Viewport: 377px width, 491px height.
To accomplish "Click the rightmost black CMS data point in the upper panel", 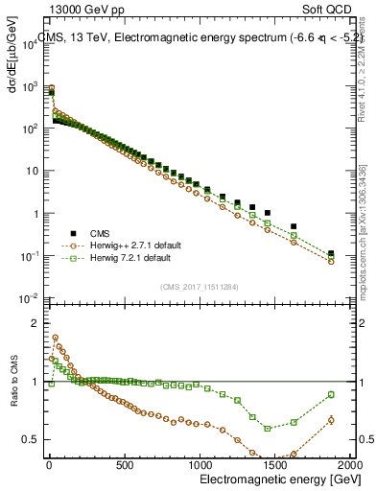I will tap(331, 254).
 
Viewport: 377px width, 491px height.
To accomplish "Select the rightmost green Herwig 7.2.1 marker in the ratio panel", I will tap(331, 394).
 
